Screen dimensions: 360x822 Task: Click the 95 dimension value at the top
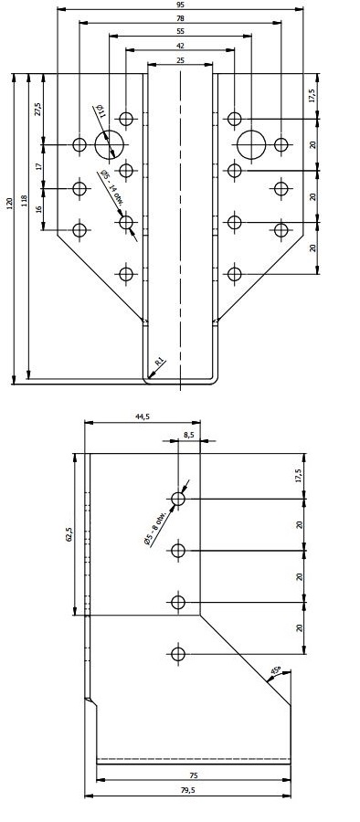pos(181,5)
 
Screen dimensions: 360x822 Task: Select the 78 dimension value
pos(181,18)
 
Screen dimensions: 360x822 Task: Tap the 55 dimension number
pos(181,31)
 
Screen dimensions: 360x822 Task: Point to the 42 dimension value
pos(181,46)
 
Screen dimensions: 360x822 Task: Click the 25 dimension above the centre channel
pos(181,60)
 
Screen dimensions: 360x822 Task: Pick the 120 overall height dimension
pos(9,204)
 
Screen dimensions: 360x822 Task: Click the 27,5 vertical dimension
pos(37,109)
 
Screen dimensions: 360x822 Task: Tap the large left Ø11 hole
pos(111,144)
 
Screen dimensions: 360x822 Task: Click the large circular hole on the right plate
pos(252,144)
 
